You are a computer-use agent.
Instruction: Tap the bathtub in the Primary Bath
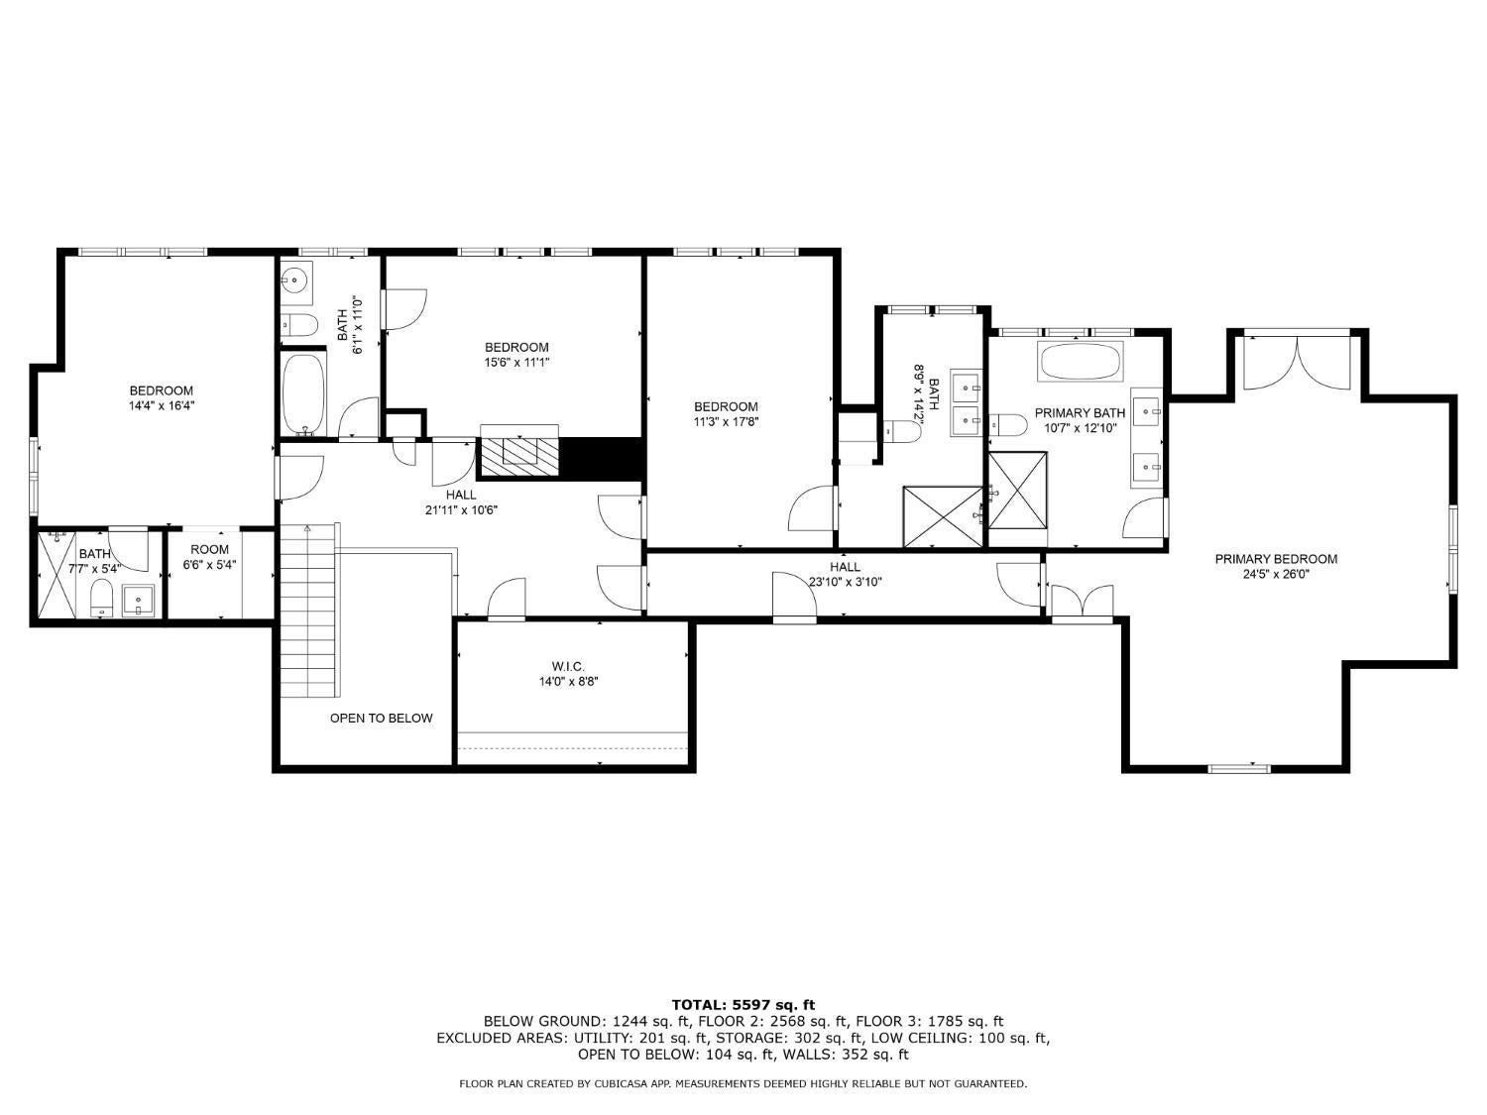pos(1081,363)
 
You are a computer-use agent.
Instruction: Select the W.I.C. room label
pos(568,666)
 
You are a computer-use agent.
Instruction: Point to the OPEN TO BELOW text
pos(381,718)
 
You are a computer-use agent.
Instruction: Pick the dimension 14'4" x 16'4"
pos(161,405)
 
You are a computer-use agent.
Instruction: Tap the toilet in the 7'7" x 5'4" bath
pos(101,598)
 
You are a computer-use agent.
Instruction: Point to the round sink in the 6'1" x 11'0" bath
pos(294,280)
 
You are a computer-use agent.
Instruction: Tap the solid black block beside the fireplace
pos(602,457)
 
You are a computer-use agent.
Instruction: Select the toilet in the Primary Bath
pos(1008,425)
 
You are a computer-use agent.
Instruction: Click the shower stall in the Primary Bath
pos(1017,490)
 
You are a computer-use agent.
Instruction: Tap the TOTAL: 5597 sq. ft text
pos(743,1004)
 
